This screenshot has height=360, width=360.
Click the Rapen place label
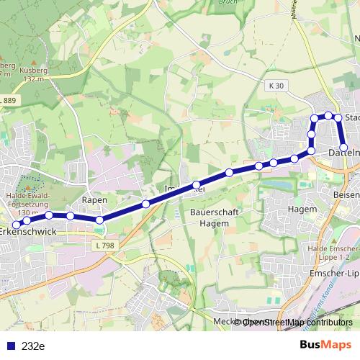pos(95,199)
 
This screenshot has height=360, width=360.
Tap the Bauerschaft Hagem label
pos(210,218)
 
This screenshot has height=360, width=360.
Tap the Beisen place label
pos(346,195)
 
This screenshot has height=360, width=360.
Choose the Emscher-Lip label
pos(333,274)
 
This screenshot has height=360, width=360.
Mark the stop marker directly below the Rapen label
pos(99,220)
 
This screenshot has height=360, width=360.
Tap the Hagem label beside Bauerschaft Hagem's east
pos(302,209)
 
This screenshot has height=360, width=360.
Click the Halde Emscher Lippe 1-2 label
pos(333,252)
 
